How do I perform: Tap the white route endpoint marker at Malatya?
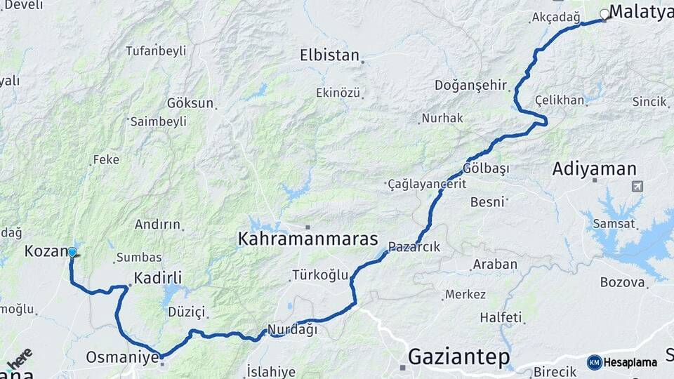[604, 14]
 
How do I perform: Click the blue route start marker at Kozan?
[72, 252]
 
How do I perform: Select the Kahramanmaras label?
[308, 239]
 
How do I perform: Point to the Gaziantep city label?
[459, 357]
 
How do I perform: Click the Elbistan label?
[329, 55]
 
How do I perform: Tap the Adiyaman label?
[594, 169]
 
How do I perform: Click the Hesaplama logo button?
[622, 362]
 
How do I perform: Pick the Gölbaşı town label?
[486, 169]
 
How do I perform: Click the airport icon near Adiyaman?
[637, 187]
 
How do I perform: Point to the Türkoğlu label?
[320, 275]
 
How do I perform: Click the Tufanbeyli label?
[156, 51]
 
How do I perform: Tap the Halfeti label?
[501, 317]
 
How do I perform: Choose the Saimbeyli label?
[159, 121]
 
